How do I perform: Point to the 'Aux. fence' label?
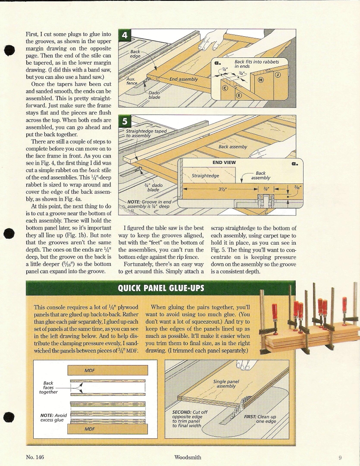[x=131, y=81]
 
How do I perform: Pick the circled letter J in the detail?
[x=277, y=74]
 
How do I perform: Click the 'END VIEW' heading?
[x=223, y=163]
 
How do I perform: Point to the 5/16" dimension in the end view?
[x=297, y=188]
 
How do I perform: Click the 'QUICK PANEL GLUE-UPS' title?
[x=161, y=288]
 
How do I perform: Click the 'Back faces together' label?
[x=48, y=387]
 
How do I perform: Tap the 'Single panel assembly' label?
[x=226, y=384]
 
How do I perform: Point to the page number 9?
[x=340, y=458]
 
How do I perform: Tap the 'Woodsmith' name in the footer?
[x=188, y=457]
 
